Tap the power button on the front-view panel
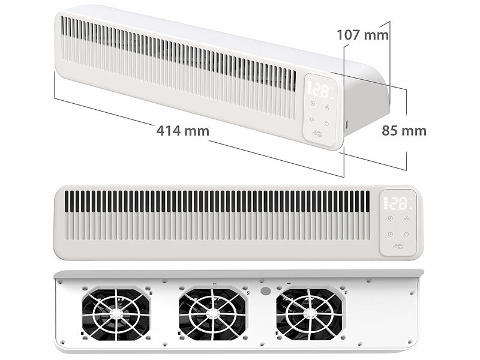click(x=407, y=233)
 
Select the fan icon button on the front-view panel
click(x=407, y=218)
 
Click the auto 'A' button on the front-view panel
click(x=390, y=218)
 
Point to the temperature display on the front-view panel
click(x=398, y=203)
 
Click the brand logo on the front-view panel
click(x=398, y=246)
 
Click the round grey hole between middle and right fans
click(x=264, y=289)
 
